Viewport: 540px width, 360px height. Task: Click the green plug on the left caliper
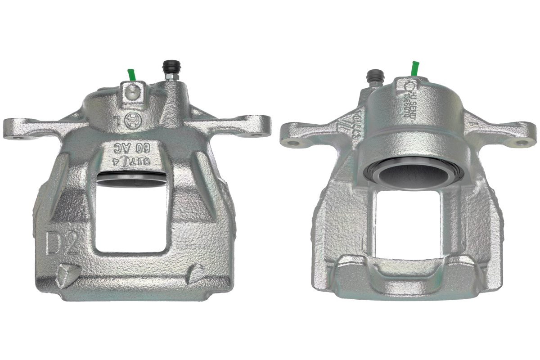click(131, 75)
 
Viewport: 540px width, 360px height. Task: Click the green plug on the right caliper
click(415, 69)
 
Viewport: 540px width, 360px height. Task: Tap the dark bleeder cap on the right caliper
click(374, 76)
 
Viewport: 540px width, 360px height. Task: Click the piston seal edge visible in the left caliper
click(130, 180)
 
